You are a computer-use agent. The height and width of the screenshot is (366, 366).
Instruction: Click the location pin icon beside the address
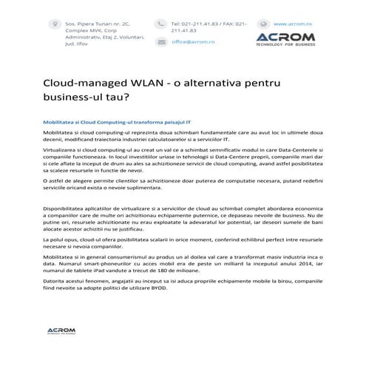coord(52,24)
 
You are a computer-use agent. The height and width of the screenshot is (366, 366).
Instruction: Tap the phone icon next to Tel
coord(161,24)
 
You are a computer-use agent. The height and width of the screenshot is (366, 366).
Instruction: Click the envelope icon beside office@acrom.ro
coord(161,42)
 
